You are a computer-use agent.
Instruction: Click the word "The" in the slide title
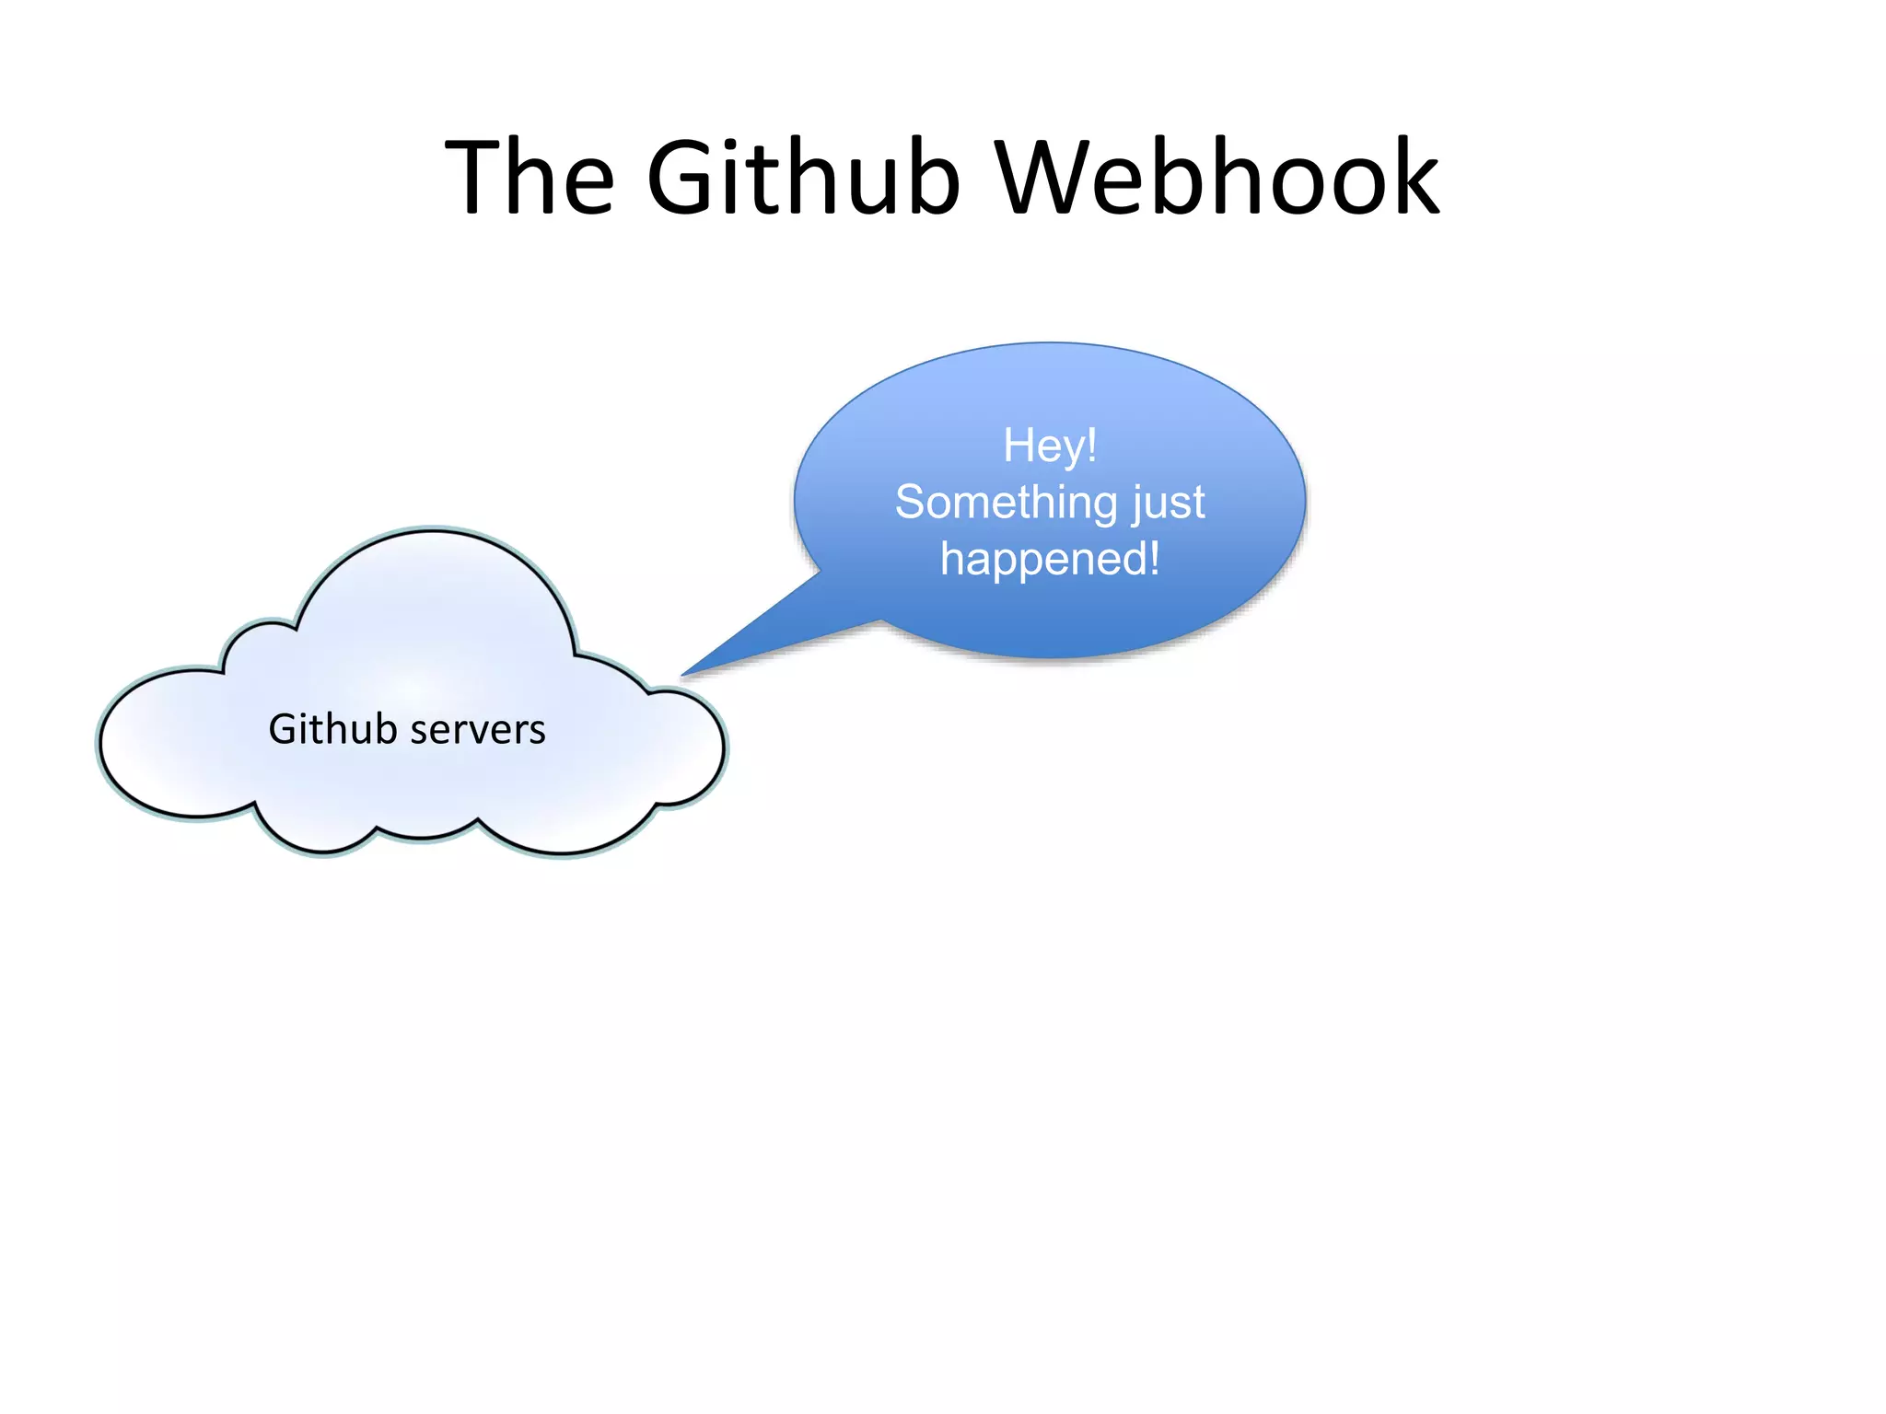[530, 177]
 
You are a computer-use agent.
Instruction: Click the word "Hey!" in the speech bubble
[1050, 446]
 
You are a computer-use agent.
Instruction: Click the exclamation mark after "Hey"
[1091, 446]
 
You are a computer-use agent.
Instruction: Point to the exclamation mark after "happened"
[1154, 558]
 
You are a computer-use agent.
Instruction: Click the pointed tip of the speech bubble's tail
[683, 675]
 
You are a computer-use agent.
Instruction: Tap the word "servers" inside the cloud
[477, 730]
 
